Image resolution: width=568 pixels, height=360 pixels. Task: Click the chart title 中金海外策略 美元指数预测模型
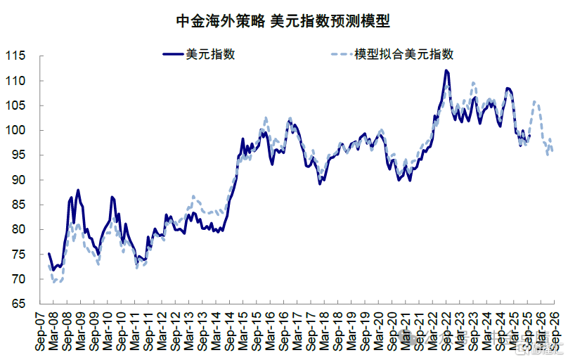click(283, 21)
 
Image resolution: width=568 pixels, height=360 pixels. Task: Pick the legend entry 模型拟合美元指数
click(404, 54)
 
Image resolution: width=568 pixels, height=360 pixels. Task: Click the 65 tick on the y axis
click(18, 304)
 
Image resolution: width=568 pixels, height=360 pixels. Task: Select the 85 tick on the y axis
click(18, 205)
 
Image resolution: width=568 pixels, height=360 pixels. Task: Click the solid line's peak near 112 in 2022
click(446, 70)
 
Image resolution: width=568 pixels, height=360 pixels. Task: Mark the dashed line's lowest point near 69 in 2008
click(55, 283)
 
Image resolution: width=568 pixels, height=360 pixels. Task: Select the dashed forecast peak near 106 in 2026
click(536, 102)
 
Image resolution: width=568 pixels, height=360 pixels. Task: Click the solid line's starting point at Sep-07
click(49, 254)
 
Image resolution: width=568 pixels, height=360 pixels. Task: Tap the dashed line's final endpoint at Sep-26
click(553, 150)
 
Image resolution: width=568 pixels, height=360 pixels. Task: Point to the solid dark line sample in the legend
click(172, 54)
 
